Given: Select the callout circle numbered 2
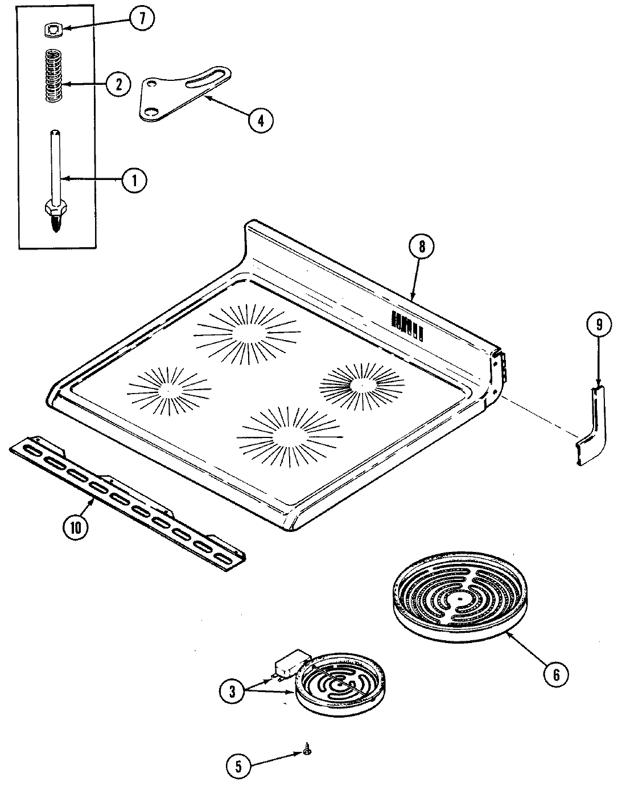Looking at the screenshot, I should pos(118,84).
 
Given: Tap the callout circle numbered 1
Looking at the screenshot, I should pos(133,181).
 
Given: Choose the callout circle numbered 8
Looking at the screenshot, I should pos(421,247).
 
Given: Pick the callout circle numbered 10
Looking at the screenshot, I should pos(76,527).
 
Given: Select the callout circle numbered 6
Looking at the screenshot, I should pos(556,674).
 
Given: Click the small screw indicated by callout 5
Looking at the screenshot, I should pos(307,753).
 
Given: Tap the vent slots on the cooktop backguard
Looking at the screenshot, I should pos(406,325).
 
